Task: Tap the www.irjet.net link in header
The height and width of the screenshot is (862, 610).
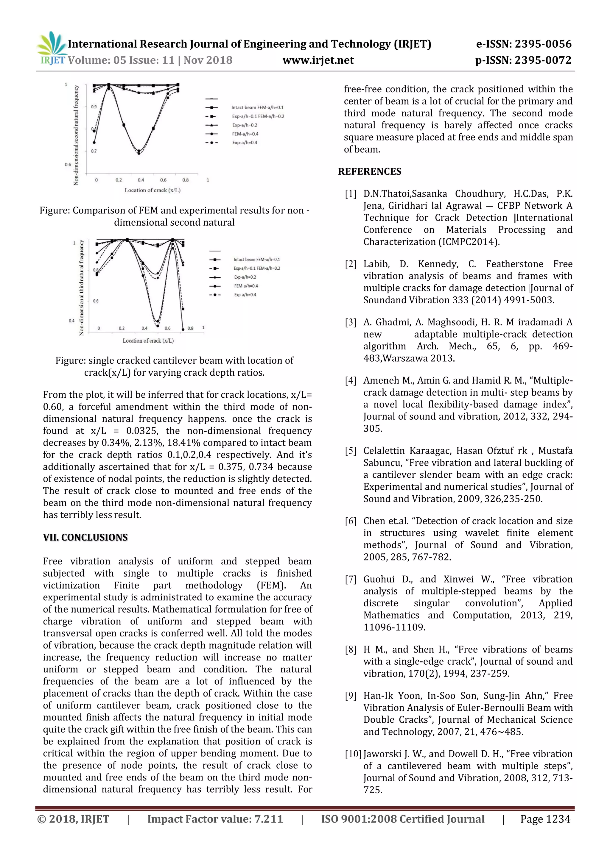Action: (x=318, y=60)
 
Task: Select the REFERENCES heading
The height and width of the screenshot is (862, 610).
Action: (x=370, y=171)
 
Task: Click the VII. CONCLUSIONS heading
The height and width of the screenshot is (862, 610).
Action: (x=85, y=537)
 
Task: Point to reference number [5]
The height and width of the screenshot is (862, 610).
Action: (x=351, y=451)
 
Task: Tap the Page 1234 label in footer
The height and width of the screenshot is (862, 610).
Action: (x=545, y=819)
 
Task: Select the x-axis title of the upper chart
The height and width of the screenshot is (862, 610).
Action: (x=152, y=190)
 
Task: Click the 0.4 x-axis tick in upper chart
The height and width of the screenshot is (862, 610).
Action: (x=141, y=180)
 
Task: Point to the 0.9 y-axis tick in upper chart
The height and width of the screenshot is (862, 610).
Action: (x=94, y=107)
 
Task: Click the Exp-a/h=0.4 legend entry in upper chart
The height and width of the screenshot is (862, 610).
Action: (x=245, y=143)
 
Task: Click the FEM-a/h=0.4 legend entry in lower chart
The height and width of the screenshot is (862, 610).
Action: (x=246, y=286)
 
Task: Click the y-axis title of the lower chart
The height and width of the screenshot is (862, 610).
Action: (x=82, y=288)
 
